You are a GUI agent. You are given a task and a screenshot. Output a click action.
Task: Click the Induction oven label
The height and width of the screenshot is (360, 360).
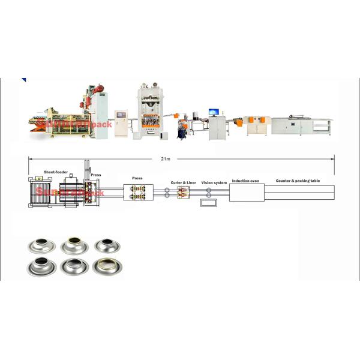pos(245,180)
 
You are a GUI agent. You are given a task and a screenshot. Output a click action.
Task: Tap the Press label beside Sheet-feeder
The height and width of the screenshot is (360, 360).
pos(95,175)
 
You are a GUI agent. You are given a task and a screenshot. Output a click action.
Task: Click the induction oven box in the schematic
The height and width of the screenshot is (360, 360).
pos(246,194)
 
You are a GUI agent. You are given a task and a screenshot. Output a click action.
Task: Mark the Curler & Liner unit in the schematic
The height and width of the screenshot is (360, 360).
pos(182,193)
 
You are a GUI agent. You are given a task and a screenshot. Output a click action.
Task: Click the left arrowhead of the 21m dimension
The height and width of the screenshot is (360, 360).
pos(29,158)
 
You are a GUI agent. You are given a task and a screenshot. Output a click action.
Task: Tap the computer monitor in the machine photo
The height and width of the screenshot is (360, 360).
pos(214,112)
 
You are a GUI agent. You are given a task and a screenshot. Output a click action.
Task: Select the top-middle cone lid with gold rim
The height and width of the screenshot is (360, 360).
pos(73,244)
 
